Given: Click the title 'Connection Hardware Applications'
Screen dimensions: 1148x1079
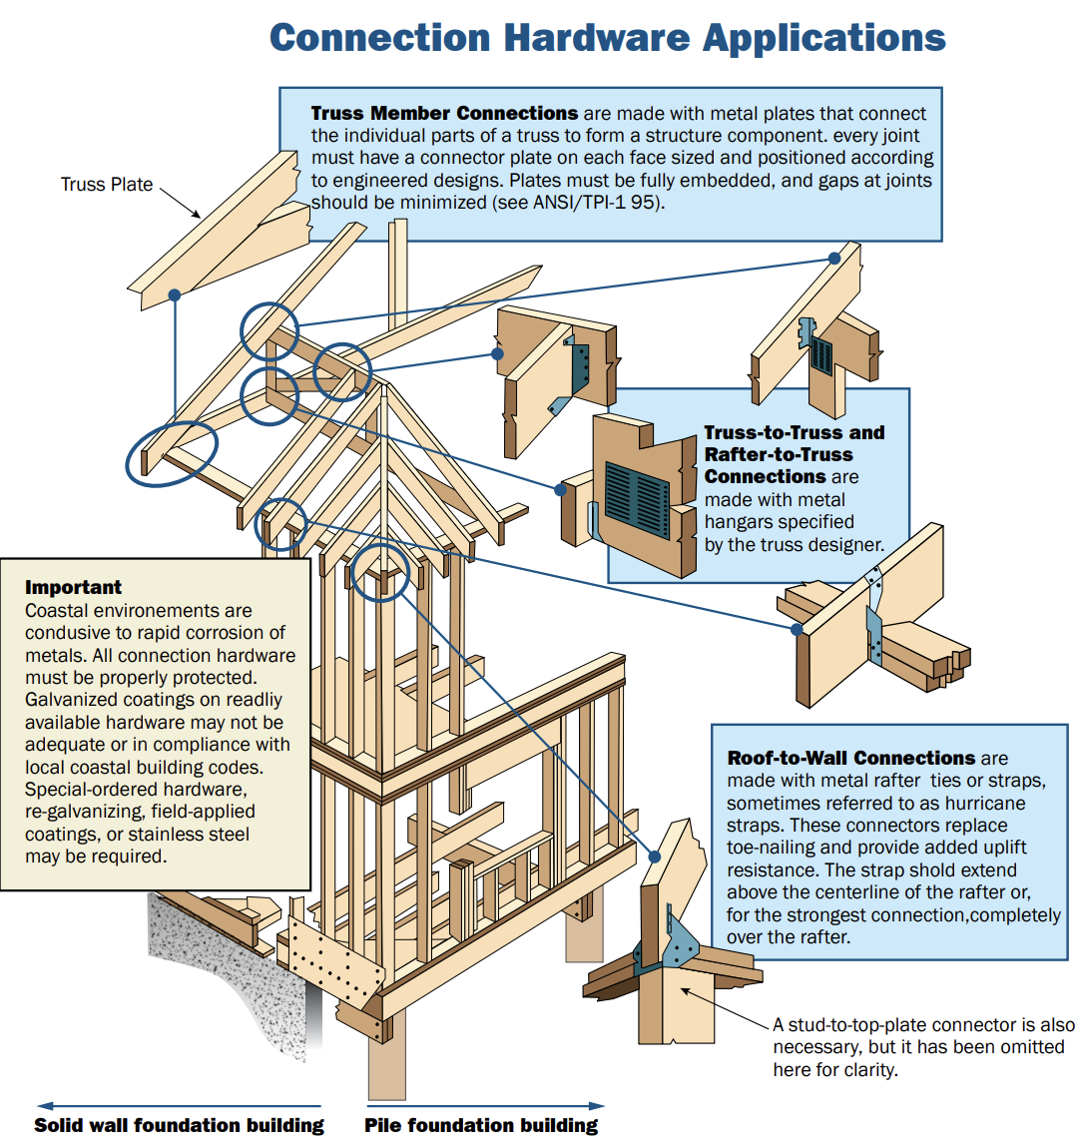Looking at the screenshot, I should [x=607, y=38].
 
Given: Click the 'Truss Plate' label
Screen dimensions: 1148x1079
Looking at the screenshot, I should [x=107, y=185].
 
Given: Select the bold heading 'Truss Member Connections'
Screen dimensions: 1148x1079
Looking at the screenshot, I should [x=444, y=114].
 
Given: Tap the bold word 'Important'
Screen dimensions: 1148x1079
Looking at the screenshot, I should [x=73, y=587].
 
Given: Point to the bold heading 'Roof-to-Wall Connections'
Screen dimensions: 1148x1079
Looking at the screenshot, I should [x=850, y=758].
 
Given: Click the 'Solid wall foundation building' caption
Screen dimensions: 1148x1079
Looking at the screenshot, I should [x=179, y=1125].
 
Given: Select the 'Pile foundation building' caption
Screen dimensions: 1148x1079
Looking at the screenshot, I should [x=481, y=1125].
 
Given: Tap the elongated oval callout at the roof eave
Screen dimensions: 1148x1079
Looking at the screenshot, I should [x=171, y=453].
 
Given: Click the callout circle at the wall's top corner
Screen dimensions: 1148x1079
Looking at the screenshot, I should [x=380, y=572].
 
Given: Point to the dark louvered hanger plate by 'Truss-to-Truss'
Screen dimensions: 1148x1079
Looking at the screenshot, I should [x=636, y=498].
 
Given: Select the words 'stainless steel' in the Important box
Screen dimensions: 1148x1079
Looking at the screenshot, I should [x=189, y=835].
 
